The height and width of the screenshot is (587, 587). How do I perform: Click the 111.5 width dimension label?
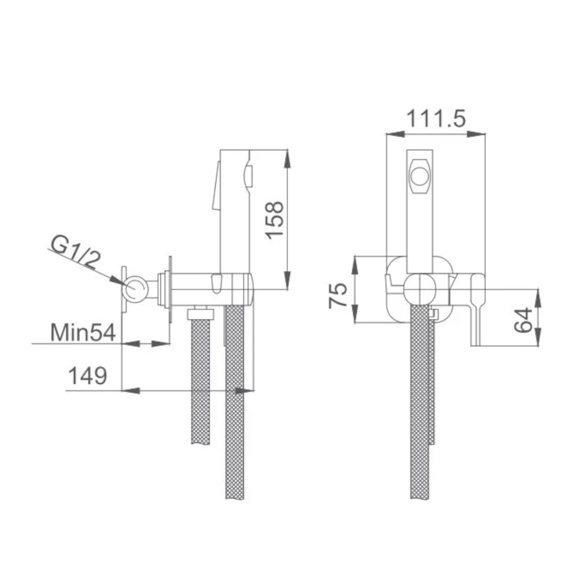pos(436,119)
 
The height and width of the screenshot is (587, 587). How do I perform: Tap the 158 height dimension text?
pos(274,220)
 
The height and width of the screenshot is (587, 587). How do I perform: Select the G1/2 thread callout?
pos(73,252)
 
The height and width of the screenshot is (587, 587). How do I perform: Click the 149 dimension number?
pos(87,375)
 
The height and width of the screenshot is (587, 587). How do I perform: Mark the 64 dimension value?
pos(525,318)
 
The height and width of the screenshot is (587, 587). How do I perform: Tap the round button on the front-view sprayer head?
pos(420,176)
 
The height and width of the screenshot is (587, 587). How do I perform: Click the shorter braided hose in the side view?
pos(201,382)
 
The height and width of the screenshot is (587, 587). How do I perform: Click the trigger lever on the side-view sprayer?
pos(215,188)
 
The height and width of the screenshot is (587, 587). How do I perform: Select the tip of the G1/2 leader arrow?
pos(125,284)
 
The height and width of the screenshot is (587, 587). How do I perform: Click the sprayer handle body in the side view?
pos(235,211)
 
